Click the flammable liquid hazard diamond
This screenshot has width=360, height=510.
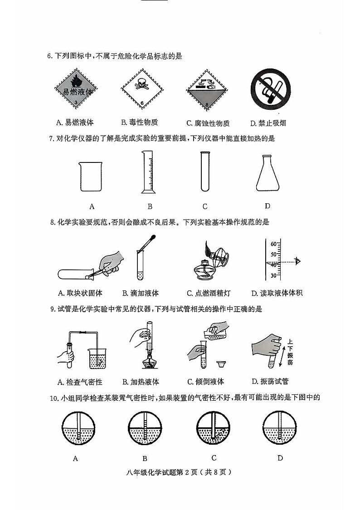[77, 89]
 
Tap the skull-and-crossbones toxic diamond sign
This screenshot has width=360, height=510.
[141, 89]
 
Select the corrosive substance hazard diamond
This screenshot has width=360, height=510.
[207, 89]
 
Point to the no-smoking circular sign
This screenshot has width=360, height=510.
[271, 89]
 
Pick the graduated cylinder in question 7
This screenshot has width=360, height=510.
[149, 172]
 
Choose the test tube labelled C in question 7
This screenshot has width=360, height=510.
[205, 172]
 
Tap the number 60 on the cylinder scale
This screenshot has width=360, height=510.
[273, 244]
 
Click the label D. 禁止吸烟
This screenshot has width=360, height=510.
[268, 123]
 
